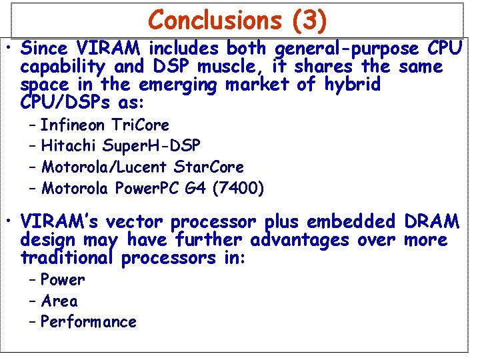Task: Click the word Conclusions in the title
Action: point(216,20)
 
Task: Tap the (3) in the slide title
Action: point(309,20)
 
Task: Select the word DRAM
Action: point(432,222)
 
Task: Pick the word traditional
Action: point(68,257)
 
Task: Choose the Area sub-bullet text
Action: point(59,301)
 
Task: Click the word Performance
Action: point(89,322)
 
